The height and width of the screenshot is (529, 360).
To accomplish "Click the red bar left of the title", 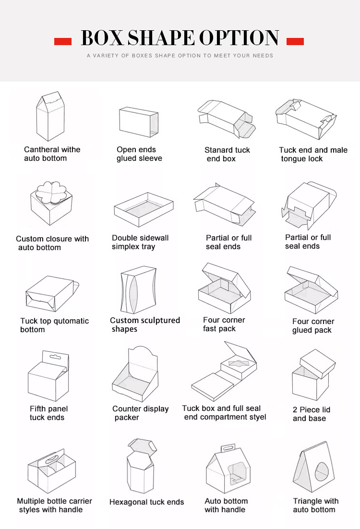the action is point(63,41).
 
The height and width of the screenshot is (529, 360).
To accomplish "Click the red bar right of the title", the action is point(295,41).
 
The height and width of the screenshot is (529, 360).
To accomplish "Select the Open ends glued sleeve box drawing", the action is point(139,122).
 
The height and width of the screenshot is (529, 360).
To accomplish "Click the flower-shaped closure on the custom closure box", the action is point(51,193).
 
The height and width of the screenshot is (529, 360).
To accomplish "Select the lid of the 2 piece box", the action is point(318,364).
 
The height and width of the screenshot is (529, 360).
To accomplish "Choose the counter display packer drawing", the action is point(135,374).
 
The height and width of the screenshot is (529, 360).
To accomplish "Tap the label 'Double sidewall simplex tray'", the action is point(140,242).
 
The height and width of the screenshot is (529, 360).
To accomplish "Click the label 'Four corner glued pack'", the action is point(313,325).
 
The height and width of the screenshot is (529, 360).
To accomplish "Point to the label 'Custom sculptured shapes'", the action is point(145,325).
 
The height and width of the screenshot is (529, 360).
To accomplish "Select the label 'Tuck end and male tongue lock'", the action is point(313,154).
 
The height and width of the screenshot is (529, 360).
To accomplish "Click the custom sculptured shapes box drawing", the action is point(138,289).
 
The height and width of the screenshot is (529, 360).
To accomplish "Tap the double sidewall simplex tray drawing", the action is point(144,209).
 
